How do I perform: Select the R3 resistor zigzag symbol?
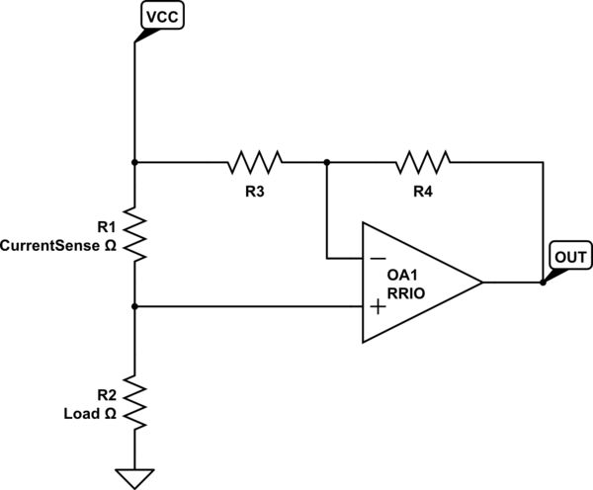(x=254, y=160)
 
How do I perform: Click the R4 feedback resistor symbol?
(x=422, y=160)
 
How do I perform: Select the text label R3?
(x=254, y=191)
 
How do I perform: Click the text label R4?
(x=422, y=191)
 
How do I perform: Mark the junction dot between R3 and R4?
(x=326, y=160)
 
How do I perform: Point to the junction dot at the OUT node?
(x=543, y=283)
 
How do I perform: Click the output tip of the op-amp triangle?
(x=482, y=283)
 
